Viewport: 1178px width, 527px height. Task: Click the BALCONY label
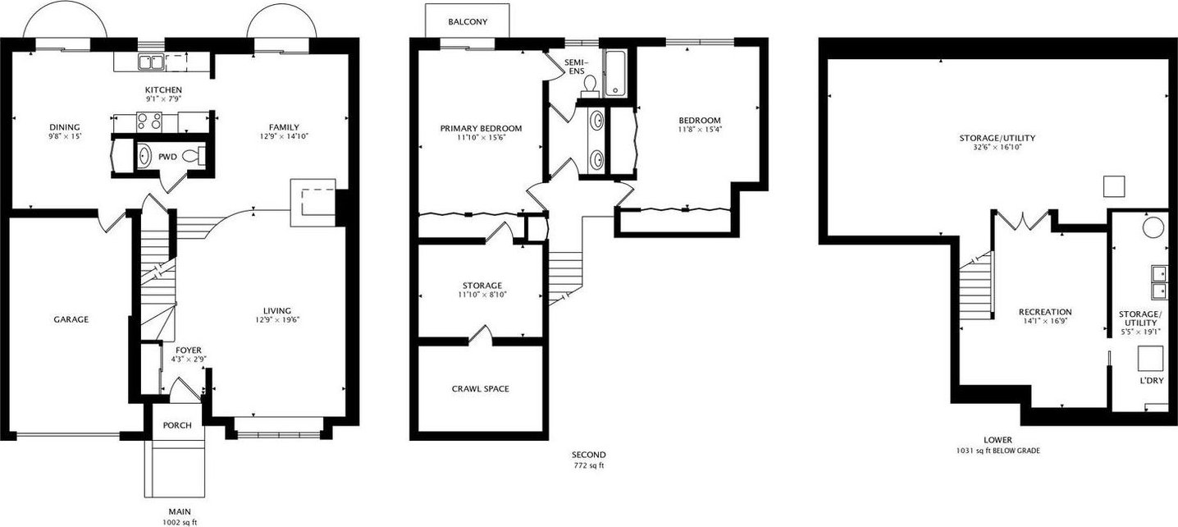pyautogui.click(x=468, y=22)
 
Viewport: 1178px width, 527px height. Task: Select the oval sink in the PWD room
pyautogui.click(x=144, y=156)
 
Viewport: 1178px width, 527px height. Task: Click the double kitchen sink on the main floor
pyautogui.click(x=150, y=62)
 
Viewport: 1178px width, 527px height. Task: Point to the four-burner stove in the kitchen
pyautogui.click(x=149, y=122)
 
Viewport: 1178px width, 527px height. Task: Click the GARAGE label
pyautogui.click(x=71, y=319)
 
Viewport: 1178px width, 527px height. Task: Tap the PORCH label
pyautogui.click(x=177, y=425)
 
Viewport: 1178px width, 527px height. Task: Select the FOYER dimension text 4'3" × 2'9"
pyautogui.click(x=189, y=359)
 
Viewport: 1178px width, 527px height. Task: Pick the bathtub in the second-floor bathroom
pyautogui.click(x=614, y=73)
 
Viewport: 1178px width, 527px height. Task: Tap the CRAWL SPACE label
pyautogui.click(x=480, y=389)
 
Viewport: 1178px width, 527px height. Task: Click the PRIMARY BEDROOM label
pyautogui.click(x=481, y=128)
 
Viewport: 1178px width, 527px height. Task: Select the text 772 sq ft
pyautogui.click(x=588, y=465)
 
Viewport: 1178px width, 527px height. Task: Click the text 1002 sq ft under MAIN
pyautogui.click(x=180, y=523)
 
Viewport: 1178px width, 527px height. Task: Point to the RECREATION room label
pyautogui.click(x=1045, y=312)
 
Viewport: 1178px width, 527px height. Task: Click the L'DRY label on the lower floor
pyautogui.click(x=1152, y=381)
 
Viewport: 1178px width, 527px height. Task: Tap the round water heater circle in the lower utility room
pyautogui.click(x=1153, y=227)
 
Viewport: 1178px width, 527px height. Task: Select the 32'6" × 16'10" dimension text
pyautogui.click(x=997, y=147)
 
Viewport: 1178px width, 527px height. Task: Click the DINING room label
pyautogui.click(x=65, y=127)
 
